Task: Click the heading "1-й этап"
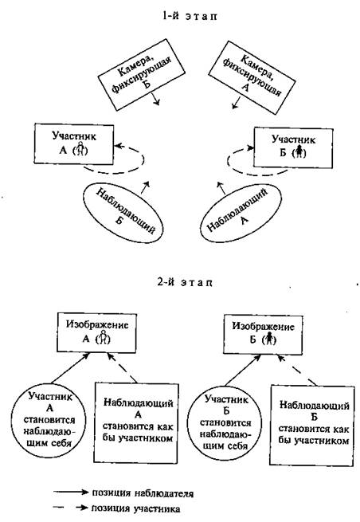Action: [x=190, y=16]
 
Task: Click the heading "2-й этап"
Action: [x=185, y=282]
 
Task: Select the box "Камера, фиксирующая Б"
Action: [x=142, y=75]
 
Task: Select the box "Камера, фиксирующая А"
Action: [x=252, y=78]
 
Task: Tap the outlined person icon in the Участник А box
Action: [x=80, y=149]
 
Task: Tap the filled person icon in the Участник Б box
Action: [x=300, y=151]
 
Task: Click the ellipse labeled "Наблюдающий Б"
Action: [x=123, y=213]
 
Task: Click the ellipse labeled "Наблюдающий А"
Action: [x=241, y=213]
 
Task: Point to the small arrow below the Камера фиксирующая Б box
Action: [x=155, y=99]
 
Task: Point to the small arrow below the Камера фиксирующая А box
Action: [x=237, y=103]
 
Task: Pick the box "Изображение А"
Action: [x=96, y=332]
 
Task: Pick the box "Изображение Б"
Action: [x=263, y=334]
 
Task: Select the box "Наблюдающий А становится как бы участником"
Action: [x=136, y=423]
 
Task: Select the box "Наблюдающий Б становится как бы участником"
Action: [x=311, y=425]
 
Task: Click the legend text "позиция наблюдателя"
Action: [x=143, y=493]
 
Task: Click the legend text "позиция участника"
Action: [x=135, y=508]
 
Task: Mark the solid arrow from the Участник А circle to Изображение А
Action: [x=71, y=368]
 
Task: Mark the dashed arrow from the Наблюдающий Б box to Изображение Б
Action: [x=297, y=371]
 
